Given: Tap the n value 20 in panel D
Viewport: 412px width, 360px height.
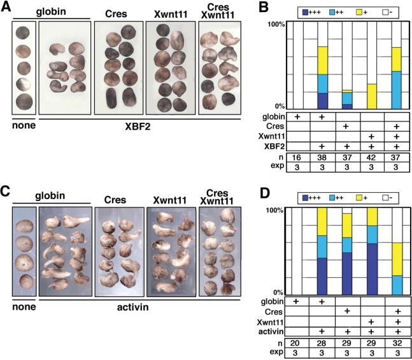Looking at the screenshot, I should [297, 341].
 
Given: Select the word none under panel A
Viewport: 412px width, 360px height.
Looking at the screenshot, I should [22, 125].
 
